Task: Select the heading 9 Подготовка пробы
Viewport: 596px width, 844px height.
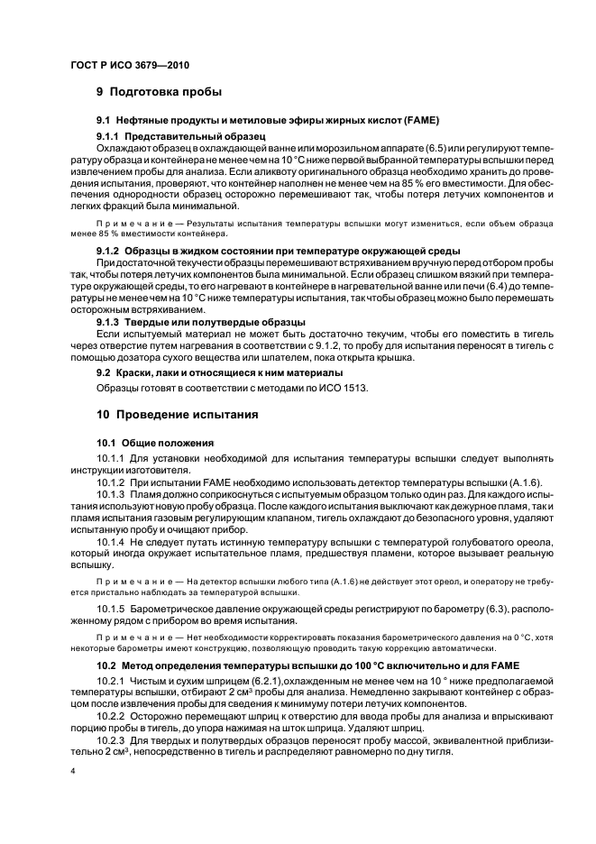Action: (159, 92)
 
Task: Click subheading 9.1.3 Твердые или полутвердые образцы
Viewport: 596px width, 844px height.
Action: (201, 322)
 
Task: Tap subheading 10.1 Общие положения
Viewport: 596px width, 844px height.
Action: (154, 443)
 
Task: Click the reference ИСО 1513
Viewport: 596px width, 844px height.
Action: (347, 389)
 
